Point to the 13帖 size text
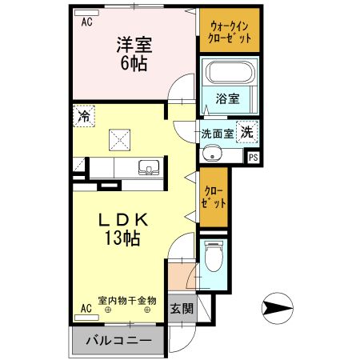point(121,238)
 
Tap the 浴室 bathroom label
point(228,99)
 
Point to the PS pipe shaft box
point(253,157)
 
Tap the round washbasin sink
point(211,154)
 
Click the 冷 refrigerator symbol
point(84,116)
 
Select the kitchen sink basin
point(148,168)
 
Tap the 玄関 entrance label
point(180,308)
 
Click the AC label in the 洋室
point(86,22)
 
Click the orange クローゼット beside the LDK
point(213,197)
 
